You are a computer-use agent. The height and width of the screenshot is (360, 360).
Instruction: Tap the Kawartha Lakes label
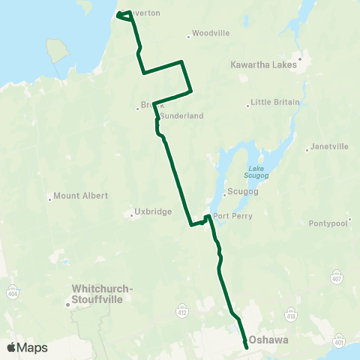click(x=264, y=65)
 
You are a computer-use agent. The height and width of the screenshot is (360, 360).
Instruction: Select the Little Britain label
click(x=275, y=102)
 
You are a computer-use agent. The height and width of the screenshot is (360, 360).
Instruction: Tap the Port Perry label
click(x=232, y=216)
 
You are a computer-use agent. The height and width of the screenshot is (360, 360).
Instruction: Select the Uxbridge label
click(x=154, y=212)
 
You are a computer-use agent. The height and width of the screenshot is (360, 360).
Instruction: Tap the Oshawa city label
click(x=268, y=340)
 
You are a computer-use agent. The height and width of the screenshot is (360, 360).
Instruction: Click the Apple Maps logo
click(x=27, y=347)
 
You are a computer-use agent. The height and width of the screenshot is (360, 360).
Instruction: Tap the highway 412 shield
click(x=181, y=310)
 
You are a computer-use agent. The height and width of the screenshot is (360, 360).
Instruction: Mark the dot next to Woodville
click(x=188, y=35)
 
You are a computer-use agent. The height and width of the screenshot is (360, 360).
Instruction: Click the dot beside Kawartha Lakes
click(x=300, y=58)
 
